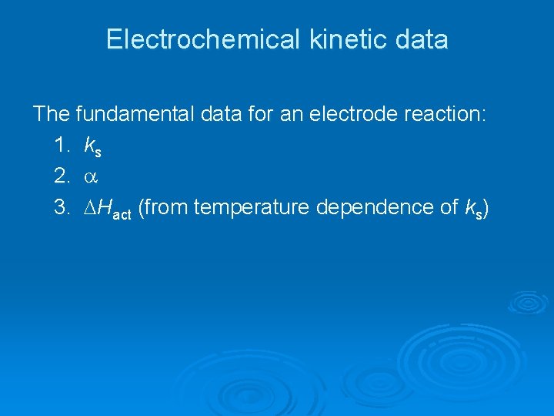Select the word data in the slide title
422,40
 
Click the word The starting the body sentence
52,115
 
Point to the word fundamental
132,115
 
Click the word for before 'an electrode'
266,115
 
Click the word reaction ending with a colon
448,115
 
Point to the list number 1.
62,146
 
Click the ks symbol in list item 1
92,146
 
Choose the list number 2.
62,176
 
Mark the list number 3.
62,207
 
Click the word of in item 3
453,207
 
